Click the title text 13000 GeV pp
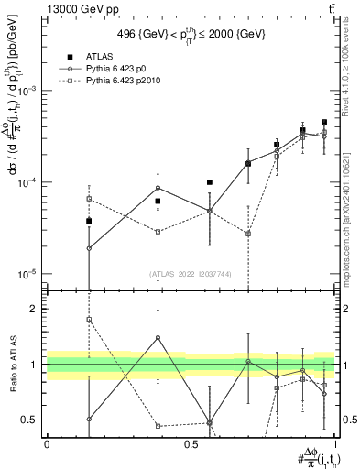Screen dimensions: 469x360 point(42,7)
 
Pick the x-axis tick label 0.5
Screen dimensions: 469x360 point(191,443)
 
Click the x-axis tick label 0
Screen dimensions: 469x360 point(47,443)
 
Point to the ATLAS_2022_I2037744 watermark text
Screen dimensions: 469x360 point(191,273)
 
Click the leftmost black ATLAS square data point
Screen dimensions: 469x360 point(89,221)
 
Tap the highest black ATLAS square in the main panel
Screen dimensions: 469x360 point(324,122)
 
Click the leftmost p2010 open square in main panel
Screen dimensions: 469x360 point(89,198)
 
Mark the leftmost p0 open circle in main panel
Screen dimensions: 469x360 point(89,248)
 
